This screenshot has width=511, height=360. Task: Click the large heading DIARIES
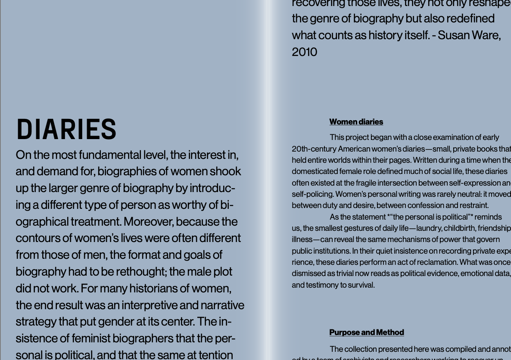point(66,130)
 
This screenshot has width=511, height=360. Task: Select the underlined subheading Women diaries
point(356,122)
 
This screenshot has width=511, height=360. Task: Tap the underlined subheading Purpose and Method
point(366,332)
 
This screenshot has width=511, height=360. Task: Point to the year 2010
point(304,52)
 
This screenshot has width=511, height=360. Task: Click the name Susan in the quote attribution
point(454,35)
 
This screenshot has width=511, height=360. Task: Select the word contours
point(37,239)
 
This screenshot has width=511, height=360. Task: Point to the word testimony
point(321,285)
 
